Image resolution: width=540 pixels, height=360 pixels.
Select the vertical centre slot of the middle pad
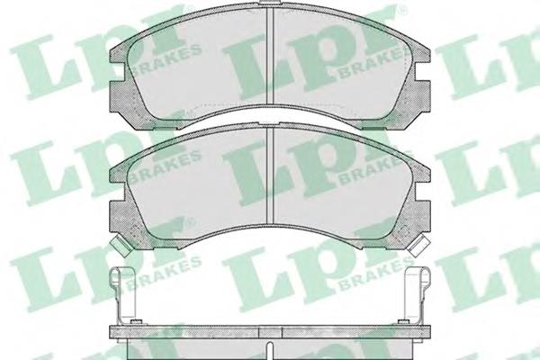271,184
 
